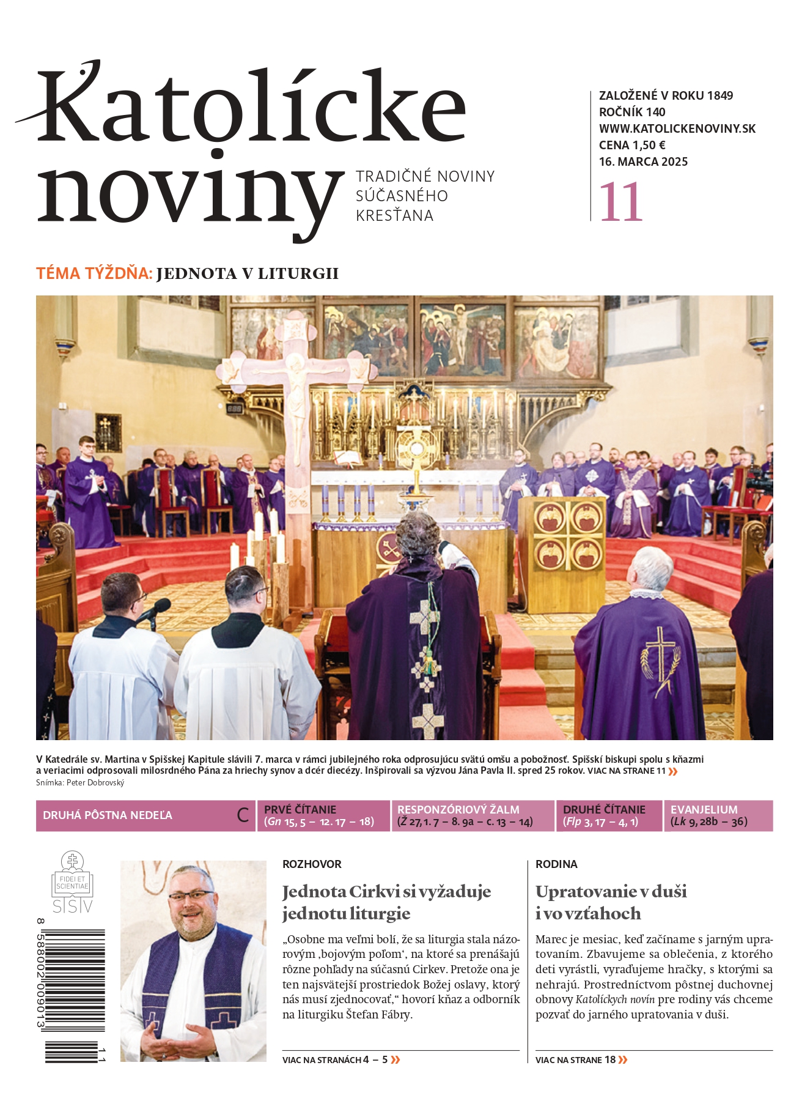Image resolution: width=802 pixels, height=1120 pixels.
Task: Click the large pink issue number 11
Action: click(621, 202)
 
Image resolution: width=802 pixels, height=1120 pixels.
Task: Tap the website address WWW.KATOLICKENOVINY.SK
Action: click(677, 129)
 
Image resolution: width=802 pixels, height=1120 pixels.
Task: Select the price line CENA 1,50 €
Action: click(632, 146)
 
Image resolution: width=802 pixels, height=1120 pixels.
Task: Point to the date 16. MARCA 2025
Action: click(643, 162)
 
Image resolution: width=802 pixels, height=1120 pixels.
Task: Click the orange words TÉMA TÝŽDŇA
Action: click(94, 273)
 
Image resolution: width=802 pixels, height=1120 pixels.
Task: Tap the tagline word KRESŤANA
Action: click(394, 216)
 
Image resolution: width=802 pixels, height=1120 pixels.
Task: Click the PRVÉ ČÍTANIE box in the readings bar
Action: click(322, 815)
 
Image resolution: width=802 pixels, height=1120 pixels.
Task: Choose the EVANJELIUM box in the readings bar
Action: click(718, 815)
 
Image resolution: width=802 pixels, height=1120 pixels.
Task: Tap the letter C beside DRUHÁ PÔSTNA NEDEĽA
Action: click(243, 815)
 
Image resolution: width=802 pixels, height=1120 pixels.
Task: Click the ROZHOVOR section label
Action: click(312, 864)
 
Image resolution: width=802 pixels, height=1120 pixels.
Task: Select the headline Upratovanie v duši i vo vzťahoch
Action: click(611, 902)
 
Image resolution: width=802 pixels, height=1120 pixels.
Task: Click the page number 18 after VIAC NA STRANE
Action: click(610, 1060)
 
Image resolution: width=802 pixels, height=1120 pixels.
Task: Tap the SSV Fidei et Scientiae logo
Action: click(72, 883)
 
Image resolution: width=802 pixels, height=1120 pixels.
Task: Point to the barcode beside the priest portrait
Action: click(75, 991)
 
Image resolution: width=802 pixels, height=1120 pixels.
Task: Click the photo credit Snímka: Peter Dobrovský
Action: click(80, 783)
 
